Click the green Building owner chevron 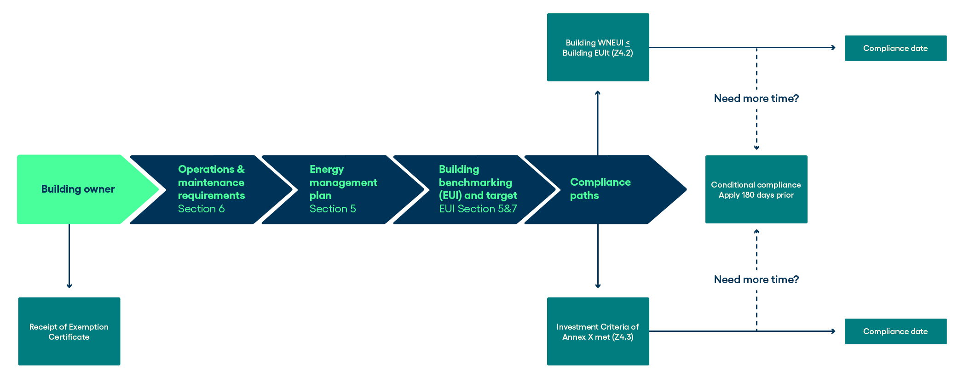click(78, 189)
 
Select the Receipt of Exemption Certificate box click(69, 331)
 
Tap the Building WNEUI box click(598, 47)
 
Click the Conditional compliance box click(756, 189)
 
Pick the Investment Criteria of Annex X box click(598, 331)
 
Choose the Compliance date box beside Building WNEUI click(895, 48)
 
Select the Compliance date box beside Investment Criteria click(895, 331)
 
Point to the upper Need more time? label click(756, 98)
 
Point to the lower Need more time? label click(756, 279)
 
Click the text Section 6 click(201, 209)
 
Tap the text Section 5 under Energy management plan click(333, 209)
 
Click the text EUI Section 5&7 click(478, 209)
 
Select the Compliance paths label click(600, 189)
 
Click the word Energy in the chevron click(327, 170)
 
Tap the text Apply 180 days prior click(756, 195)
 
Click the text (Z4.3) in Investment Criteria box click(623, 337)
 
